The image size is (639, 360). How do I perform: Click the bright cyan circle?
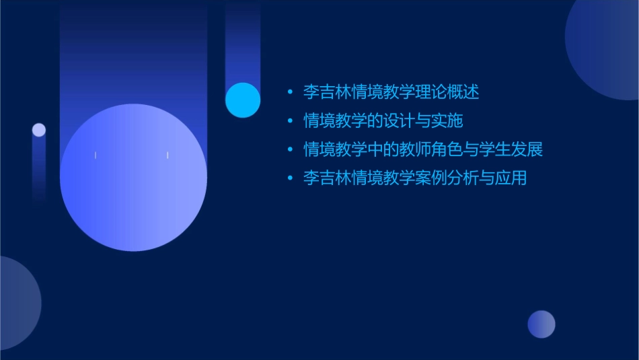243,100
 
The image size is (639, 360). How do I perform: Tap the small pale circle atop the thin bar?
39,130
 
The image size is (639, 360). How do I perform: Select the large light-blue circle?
133,178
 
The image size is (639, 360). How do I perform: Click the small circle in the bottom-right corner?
541,324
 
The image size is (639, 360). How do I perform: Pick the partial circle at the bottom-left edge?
17,303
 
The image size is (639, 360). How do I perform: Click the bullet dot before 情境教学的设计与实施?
290,121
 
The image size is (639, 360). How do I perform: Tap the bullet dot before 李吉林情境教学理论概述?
290,92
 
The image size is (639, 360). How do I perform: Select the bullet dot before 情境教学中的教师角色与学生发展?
290,149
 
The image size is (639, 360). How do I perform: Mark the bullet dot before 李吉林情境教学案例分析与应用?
290,178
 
